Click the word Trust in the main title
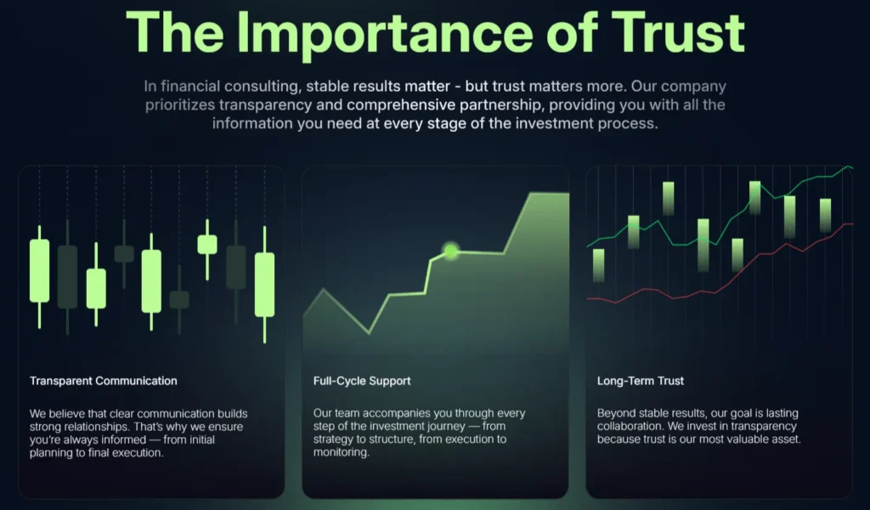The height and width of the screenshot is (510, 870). [677, 32]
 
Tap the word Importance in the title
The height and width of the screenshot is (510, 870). [385, 35]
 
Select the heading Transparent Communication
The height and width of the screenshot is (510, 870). [103, 381]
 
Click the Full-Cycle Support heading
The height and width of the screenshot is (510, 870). [362, 381]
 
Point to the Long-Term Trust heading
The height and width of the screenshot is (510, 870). [641, 381]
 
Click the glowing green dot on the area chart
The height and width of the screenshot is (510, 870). [450, 252]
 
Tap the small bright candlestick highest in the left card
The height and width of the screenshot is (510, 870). [207, 245]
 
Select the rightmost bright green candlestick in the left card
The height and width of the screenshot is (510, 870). [265, 284]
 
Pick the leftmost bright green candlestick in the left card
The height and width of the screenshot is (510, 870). [39, 271]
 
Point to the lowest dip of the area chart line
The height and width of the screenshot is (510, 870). [369, 333]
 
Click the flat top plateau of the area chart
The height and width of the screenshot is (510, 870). [550, 194]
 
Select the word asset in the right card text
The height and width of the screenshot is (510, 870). [785, 439]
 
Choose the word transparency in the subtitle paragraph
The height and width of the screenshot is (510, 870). [265, 105]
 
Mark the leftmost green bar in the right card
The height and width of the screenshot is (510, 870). [599, 265]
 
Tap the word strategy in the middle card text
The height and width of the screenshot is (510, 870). [333, 439]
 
